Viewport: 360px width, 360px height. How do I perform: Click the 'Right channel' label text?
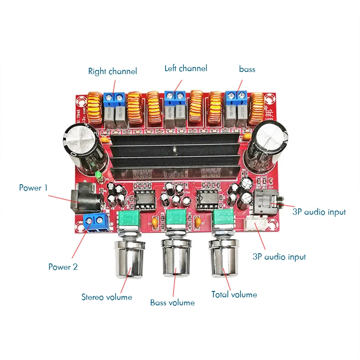pyautogui.click(x=112, y=72)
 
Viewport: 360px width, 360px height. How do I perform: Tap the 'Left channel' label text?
pyautogui.click(x=186, y=68)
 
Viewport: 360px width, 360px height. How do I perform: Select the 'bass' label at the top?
pyautogui.click(x=247, y=69)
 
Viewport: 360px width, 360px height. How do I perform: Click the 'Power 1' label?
pyautogui.click(x=33, y=188)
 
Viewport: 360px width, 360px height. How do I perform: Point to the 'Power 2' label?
pyautogui.click(x=63, y=267)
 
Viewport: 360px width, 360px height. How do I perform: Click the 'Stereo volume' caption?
pyautogui.click(x=107, y=297)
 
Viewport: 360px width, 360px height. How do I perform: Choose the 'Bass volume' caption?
pyautogui.click(x=172, y=303)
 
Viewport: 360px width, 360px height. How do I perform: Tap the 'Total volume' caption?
pyautogui.click(x=234, y=294)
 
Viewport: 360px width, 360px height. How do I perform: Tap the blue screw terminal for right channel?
pyautogui.click(x=114, y=99)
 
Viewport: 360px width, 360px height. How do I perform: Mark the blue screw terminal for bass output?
pyautogui.click(x=237, y=98)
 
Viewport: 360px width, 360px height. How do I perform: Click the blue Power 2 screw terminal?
pyautogui.click(x=95, y=222)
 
